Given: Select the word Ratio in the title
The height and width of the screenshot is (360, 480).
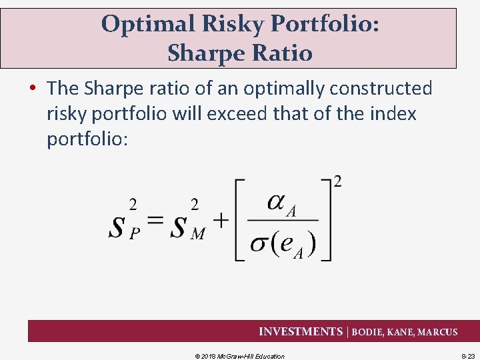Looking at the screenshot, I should click(280, 53).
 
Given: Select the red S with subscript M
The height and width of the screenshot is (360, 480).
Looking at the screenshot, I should click(178, 227).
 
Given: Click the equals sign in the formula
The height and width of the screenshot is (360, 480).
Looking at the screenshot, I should click(155, 221).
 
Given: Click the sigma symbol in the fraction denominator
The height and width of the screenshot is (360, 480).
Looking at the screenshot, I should click(259, 244).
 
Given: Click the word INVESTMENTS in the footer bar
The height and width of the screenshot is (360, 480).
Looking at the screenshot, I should click(300, 332).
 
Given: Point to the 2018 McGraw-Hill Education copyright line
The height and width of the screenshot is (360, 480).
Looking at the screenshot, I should click(239, 356).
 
